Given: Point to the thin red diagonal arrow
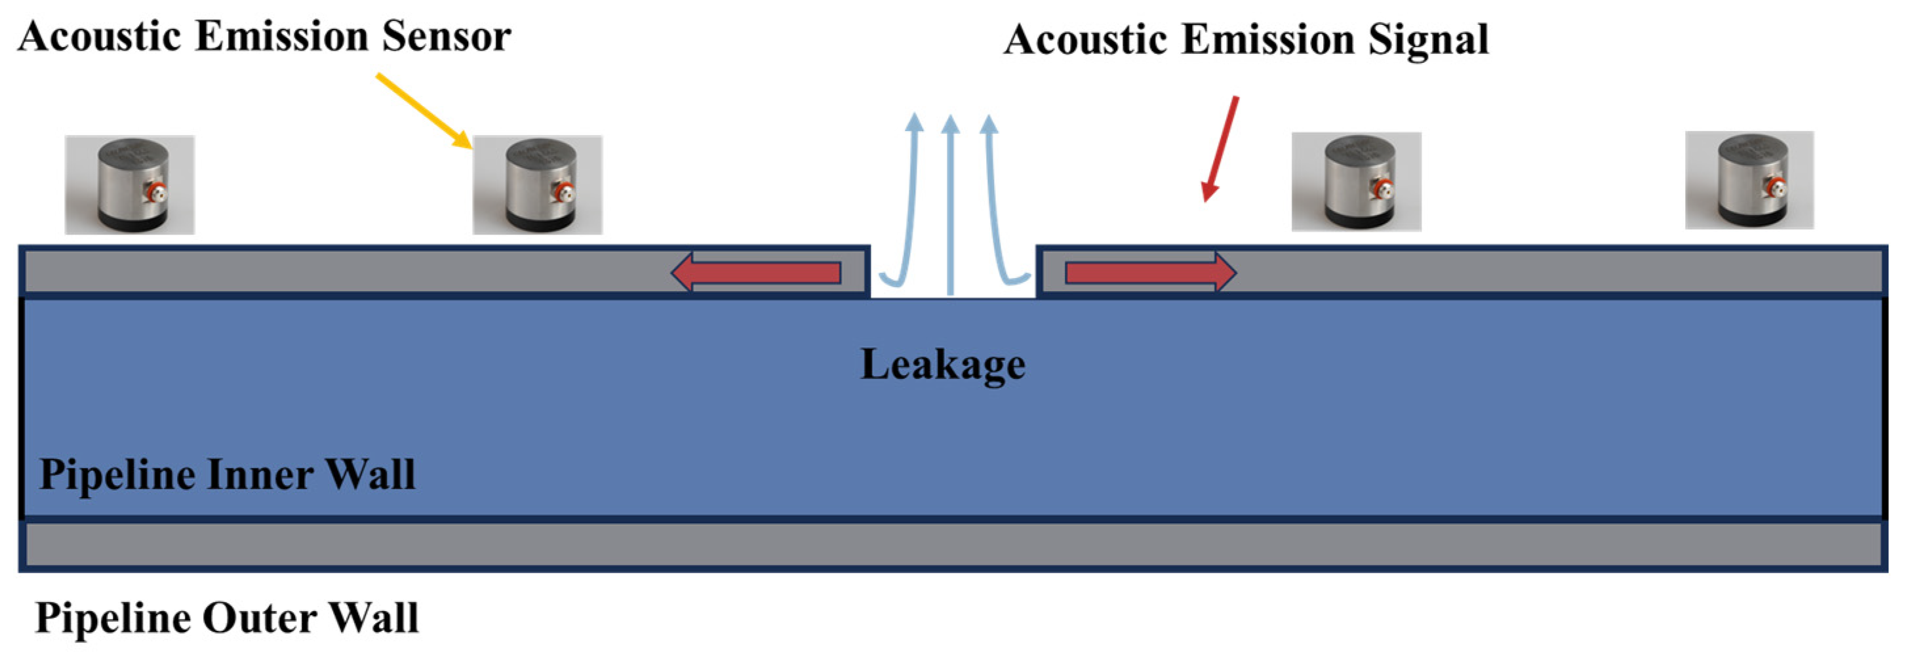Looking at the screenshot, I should [1220, 148].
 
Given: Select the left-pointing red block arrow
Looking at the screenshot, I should [756, 272].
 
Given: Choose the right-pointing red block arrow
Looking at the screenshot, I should [1150, 272].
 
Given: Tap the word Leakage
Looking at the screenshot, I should [942, 364].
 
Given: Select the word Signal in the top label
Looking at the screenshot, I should [1427, 39].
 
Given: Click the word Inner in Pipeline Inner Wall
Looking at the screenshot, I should [260, 475].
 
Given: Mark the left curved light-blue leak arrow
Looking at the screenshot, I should [908, 208].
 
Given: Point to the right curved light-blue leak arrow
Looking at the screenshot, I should [997, 208].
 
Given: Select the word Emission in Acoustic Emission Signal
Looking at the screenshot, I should [1268, 39].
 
